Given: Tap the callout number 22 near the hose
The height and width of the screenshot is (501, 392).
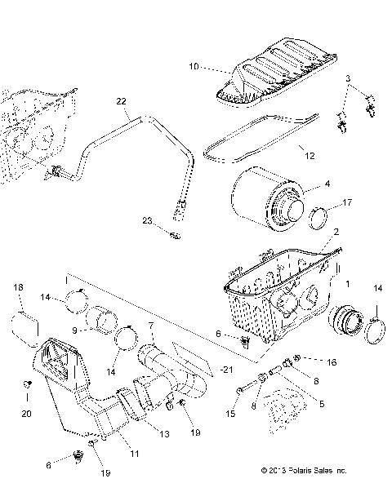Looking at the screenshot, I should [121, 101].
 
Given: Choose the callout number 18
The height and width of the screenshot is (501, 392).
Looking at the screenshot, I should [20, 288].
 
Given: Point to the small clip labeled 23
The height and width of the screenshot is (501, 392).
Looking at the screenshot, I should [172, 236].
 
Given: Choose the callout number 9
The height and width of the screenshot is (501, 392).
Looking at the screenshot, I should [73, 330].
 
